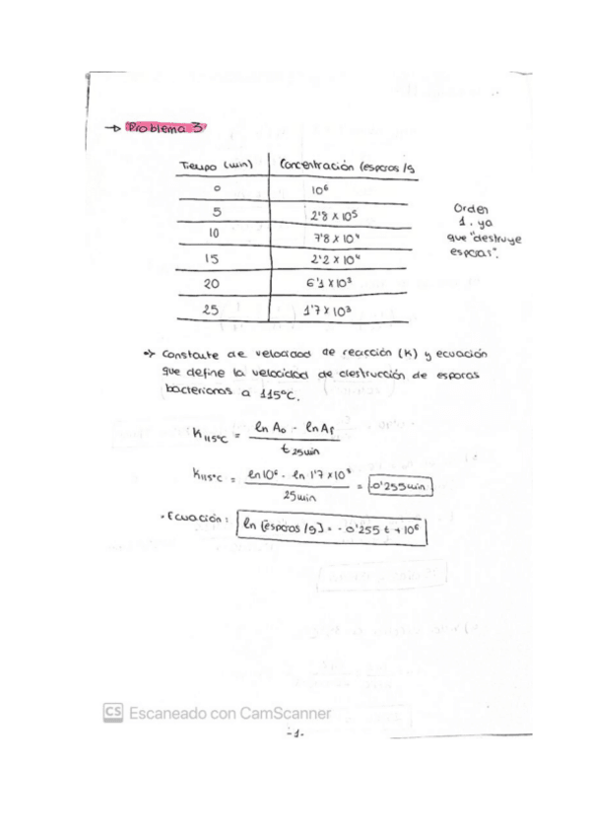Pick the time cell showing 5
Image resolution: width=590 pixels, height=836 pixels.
[x=217, y=211]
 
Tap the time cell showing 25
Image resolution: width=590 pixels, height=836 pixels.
[x=211, y=309]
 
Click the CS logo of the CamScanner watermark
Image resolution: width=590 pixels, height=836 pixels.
[x=113, y=713]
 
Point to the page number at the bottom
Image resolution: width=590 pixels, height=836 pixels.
[x=295, y=733]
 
